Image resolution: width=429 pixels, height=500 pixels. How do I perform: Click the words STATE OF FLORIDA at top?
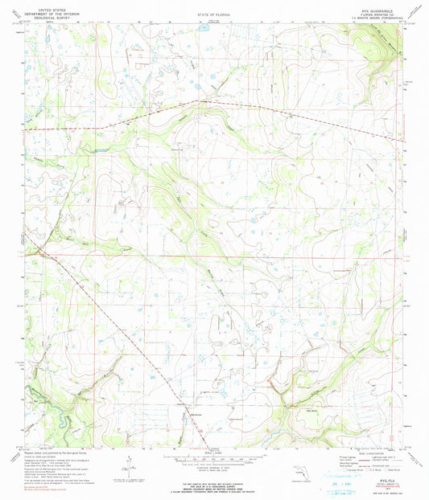pos(213,15)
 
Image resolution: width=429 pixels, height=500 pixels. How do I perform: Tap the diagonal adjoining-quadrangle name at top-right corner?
pos(415,11)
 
